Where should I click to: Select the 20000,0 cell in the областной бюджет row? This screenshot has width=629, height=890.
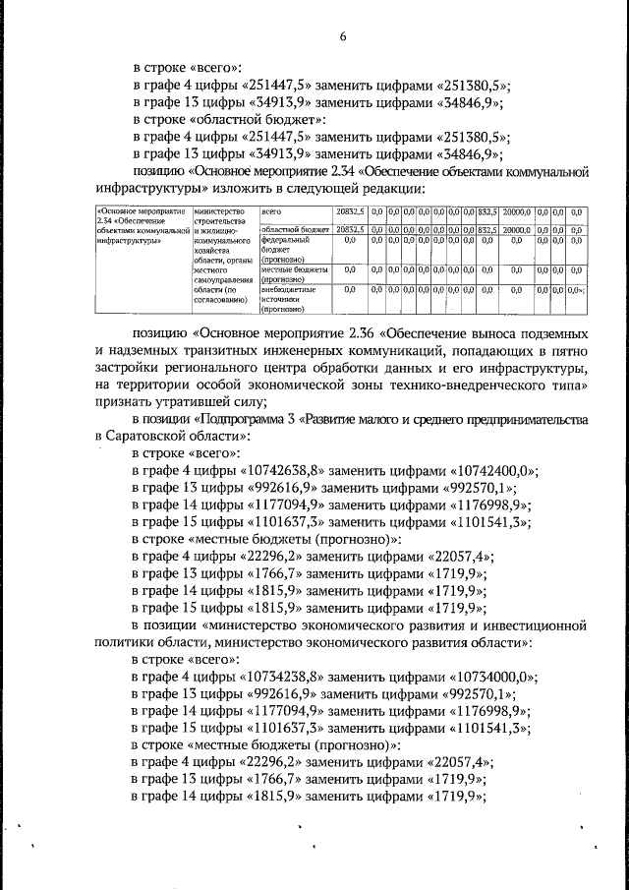pos(517,229)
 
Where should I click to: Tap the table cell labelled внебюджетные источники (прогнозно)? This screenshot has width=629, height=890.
pos(288,299)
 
